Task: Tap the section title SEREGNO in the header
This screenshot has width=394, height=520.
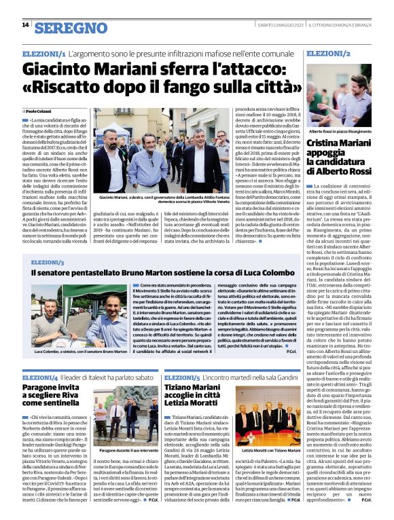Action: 71,28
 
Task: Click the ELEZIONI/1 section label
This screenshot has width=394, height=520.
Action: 44,53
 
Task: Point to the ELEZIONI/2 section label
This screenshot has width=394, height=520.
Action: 329,53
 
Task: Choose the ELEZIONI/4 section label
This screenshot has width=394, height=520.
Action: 40,377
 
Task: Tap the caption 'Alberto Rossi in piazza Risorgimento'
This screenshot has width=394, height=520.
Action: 339,130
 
